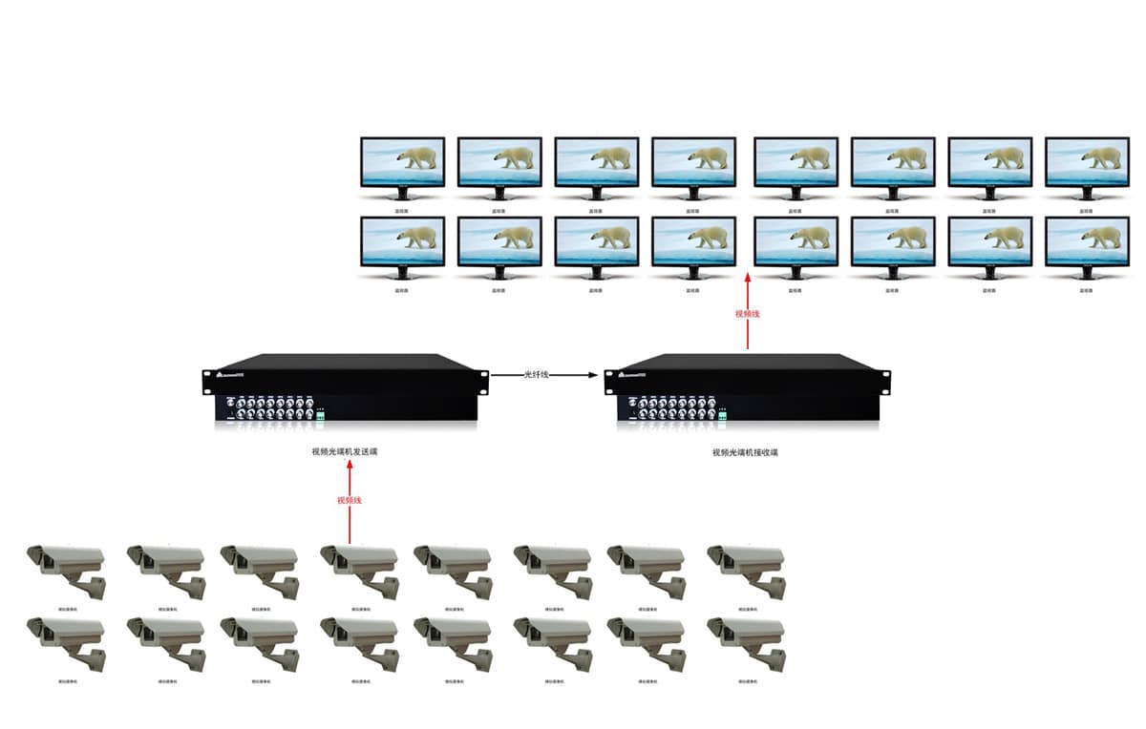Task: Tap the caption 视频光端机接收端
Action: (x=745, y=452)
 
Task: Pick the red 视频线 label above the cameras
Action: (x=350, y=500)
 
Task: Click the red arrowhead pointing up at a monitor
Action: (x=748, y=278)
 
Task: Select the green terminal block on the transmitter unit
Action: (x=320, y=415)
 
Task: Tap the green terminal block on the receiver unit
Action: (x=722, y=415)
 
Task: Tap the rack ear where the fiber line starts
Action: (x=483, y=376)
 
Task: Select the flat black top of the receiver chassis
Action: (x=745, y=363)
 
